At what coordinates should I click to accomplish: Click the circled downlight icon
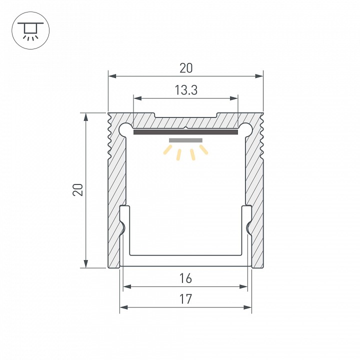pos(29,30)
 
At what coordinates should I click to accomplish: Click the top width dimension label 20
pos(185,68)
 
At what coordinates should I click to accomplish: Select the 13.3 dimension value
pos(185,90)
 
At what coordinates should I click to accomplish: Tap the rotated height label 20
pos(77,190)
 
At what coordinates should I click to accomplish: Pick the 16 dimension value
pos(185,278)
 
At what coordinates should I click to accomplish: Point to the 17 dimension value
pos(185,299)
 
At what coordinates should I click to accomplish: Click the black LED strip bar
pos(185,132)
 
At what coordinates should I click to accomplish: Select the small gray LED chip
pos(185,140)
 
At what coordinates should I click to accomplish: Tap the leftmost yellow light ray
pos(168,150)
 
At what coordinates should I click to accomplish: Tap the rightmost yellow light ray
pos(203,149)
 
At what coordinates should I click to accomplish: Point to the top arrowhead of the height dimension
pos(86,116)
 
